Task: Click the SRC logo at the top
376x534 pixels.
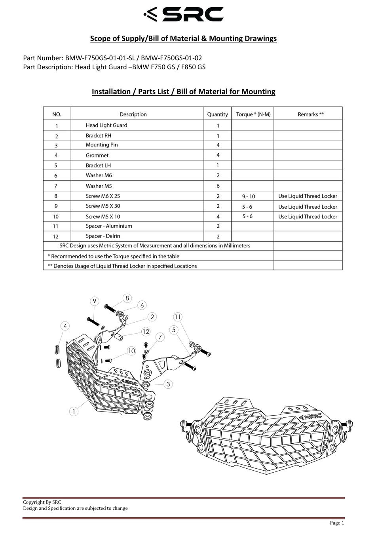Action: coord(184,14)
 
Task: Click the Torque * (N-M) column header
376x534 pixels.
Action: coord(253,114)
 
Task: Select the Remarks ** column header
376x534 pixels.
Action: coord(311,114)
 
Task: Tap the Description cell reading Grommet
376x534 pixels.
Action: coord(97,156)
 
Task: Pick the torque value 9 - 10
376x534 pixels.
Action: coord(249,196)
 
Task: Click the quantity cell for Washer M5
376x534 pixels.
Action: coord(218,186)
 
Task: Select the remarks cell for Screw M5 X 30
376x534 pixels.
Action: coord(308,207)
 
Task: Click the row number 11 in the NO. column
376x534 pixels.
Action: coord(56,226)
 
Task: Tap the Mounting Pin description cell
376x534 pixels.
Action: coord(102,145)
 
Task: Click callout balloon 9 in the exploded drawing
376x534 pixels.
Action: coord(94,301)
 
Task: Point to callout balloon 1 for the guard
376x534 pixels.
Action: coord(74,411)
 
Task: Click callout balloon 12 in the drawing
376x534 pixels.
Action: coord(146,331)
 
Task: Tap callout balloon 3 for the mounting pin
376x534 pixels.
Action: coord(168,384)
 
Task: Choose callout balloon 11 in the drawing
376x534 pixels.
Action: coord(178,317)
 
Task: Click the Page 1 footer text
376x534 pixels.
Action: coord(337,523)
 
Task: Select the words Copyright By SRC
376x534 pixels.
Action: coord(42,502)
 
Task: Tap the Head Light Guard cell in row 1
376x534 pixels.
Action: coord(106,125)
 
